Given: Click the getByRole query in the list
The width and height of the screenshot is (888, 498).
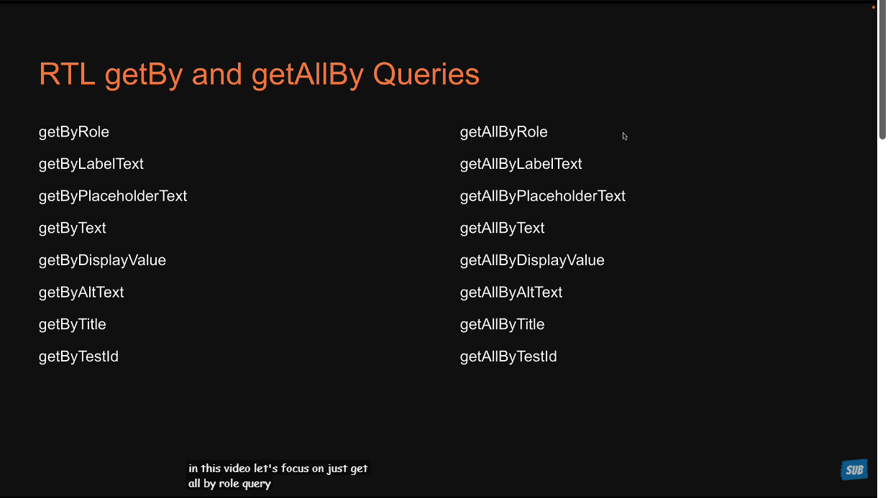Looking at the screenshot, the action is click(x=74, y=132).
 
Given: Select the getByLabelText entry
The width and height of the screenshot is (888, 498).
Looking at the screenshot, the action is click(x=91, y=165).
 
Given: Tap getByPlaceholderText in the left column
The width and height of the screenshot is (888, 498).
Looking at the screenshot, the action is click(x=113, y=196).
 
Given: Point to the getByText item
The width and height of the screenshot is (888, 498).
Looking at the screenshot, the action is click(x=72, y=229).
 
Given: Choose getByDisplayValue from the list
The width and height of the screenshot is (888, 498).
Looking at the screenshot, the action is click(x=102, y=261).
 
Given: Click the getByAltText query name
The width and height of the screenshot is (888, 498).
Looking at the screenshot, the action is click(x=81, y=292).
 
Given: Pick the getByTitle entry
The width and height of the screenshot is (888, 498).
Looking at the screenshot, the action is click(x=72, y=325).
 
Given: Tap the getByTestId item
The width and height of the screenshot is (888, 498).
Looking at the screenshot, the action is click(x=78, y=357).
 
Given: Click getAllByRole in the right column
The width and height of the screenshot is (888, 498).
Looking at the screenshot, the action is click(x=503, y=132).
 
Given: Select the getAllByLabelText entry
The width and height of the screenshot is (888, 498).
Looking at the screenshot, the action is click(x=521, y=165).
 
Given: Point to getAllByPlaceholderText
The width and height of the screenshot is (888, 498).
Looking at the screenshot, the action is click(x=543, y=196).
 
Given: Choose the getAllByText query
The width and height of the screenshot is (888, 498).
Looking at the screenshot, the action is click(x=503, y=229).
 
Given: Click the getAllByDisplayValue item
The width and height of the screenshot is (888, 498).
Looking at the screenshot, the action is click(x=532, y=261).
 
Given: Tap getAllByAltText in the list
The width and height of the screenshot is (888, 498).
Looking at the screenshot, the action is click(x=511, y=292).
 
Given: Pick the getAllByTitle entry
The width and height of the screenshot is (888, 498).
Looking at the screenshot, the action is click(x=503, y=325).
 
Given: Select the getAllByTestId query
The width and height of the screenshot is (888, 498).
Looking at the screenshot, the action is click(x=508, y=357).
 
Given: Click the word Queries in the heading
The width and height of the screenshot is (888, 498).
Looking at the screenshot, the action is click(x=426, y=75).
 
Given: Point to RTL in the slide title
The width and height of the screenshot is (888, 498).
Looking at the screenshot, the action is click(x=67, y=74).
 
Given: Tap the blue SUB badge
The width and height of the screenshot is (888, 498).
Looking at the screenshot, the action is click(x=854, y=470).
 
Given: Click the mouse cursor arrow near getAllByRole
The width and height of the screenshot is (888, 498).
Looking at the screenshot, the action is click(x=625, y=137).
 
